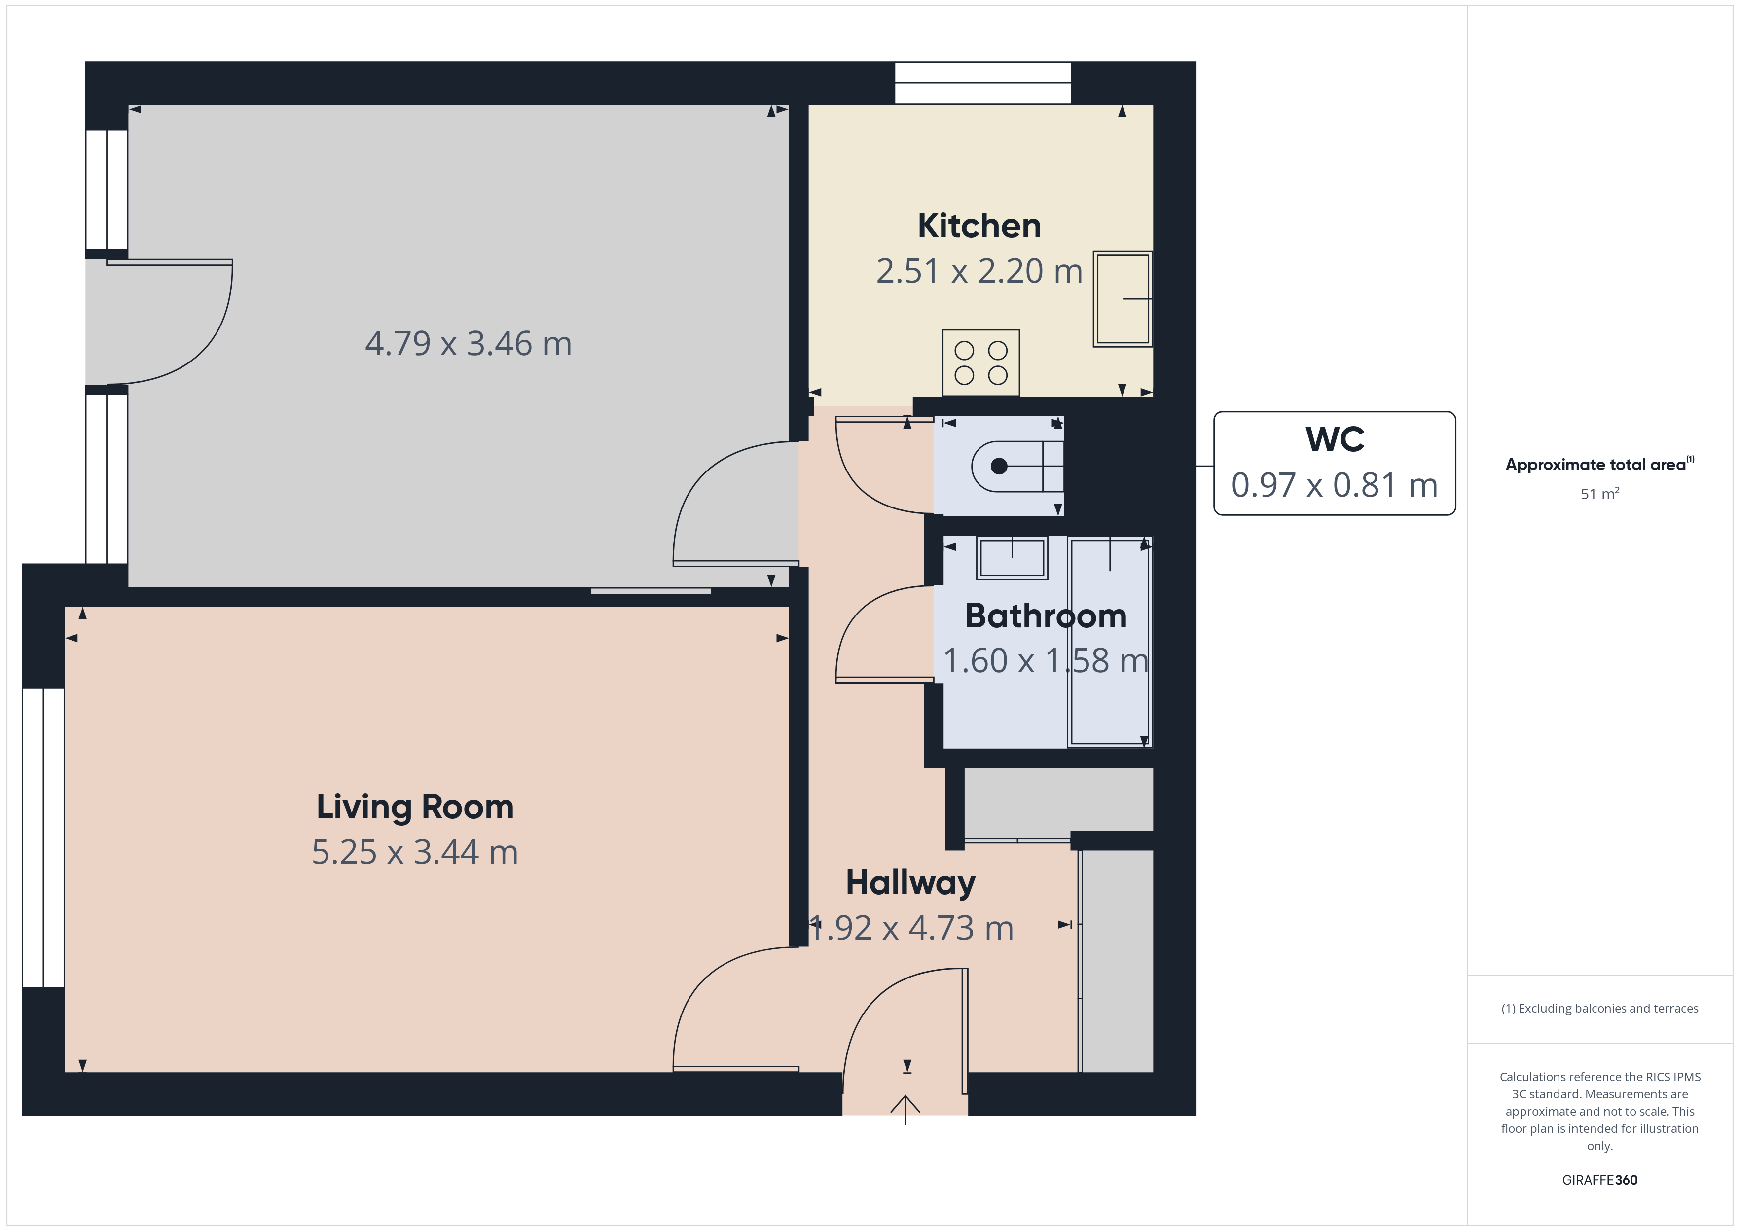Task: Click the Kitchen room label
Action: [x=979, y=226]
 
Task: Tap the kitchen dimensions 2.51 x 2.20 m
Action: [x=979, y=271]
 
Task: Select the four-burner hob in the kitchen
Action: [x=980, y=362]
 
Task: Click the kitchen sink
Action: [x=1123, y=299]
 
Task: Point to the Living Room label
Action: [x=415, y=806]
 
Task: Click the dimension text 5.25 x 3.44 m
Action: [x=415, y=852]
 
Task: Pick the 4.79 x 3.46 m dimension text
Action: [x=468, y=343]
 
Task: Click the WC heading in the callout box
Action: [x=1335, y=439]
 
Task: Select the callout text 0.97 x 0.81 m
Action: [x=1335, y=485]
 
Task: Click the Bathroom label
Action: [x=1046, y=615]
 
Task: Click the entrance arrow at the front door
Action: [x=905, y=1110]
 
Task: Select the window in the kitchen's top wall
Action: [x=983, y=83]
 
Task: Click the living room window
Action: [x=43, y=837]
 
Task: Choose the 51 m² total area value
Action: [x=1600, y=494]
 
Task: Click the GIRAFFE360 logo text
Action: [x=1600, y=1179]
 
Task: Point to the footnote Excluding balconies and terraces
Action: [x=1600, y=1008]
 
